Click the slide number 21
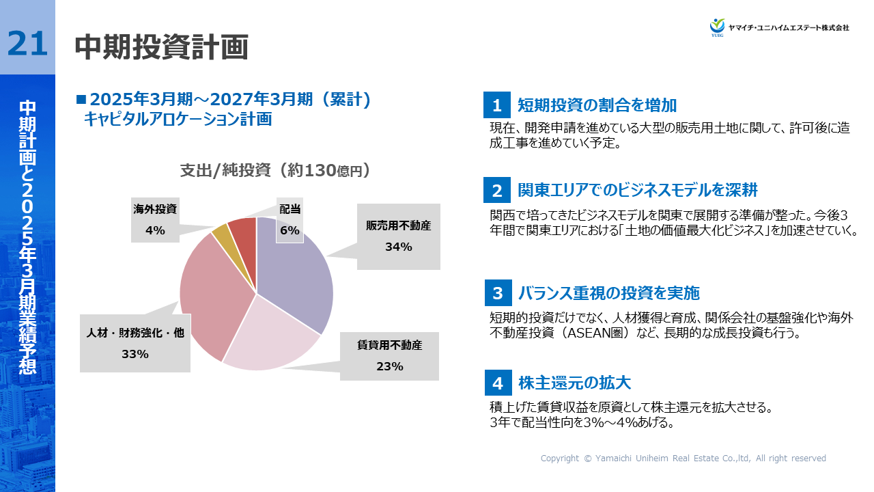pyautogui.click(x=27, y=44)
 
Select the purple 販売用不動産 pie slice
pyautogui.click(x=297, y=273)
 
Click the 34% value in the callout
pyautogui.click(x=398, y=247)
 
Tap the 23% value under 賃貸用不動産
pyautogui.click(x=389, y=366)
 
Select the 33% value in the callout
pyautogui.click(x=135, y=354)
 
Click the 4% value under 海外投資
pyautogui.click(x=155, y=230)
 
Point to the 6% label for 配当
pyautogui.click(x=290, y=230)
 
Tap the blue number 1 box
pyautogui.click(x=497, y=106)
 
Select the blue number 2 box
pyautogui.click(x=497, y=191)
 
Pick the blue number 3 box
pyautogui.click(x=498, y=294)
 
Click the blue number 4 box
pyautogui.click(x=498, y=383)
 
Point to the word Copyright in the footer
pyautogui.click(x=559, y=459)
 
